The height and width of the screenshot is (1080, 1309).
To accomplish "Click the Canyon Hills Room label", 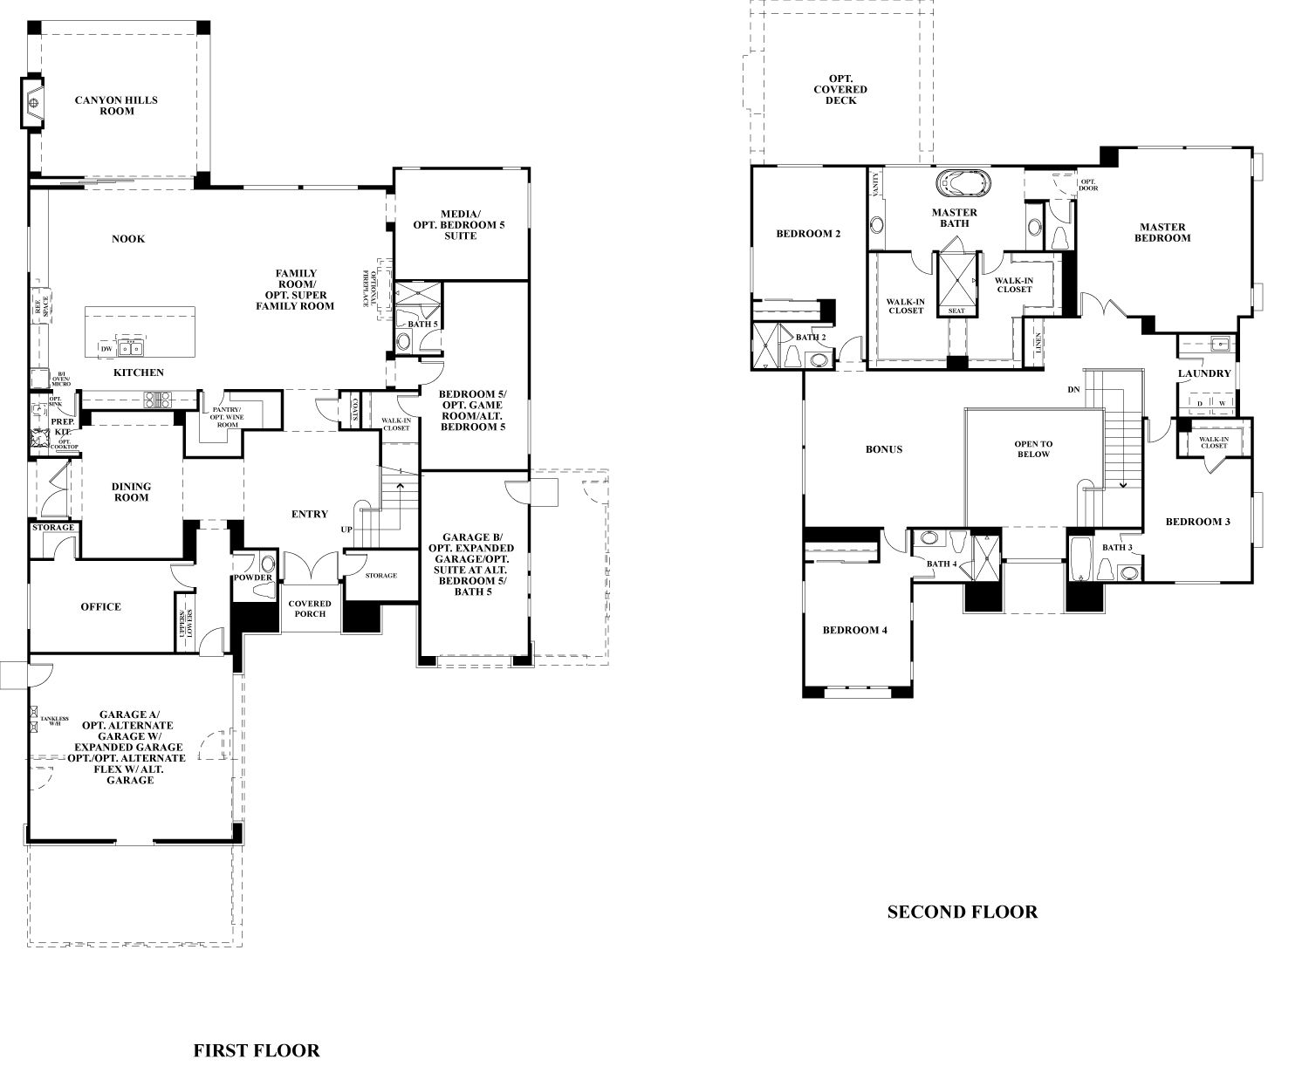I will point(116,106).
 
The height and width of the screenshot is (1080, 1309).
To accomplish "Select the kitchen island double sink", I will point(133,348).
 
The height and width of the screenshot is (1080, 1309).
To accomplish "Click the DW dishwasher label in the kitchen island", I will point(106,349).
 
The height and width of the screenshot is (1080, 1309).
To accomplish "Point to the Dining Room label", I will point(131,492).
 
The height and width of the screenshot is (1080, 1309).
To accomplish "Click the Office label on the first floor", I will point(100,607).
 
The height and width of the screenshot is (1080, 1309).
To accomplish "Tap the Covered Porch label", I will point(310,609).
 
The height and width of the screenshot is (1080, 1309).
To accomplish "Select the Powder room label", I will point(252,578).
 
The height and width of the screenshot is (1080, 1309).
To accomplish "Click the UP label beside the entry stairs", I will point(346,530).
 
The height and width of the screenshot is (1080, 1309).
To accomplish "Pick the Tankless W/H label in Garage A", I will point(53,721).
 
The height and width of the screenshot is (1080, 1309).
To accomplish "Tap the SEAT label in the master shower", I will point(956,311).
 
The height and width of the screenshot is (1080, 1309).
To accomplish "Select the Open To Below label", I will point(1033,449).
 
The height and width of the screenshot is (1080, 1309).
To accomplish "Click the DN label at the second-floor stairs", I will point(1073,389).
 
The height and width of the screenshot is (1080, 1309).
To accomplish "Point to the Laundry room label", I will point(1204,373).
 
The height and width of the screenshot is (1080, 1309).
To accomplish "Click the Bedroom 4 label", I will point(855,630).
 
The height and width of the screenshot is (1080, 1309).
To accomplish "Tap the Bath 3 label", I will point(1117,548).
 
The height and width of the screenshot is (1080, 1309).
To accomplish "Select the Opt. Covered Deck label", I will point(840,89).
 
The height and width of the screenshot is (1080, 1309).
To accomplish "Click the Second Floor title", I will point(962,913).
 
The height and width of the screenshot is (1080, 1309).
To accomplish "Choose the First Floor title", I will point(257,1050).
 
